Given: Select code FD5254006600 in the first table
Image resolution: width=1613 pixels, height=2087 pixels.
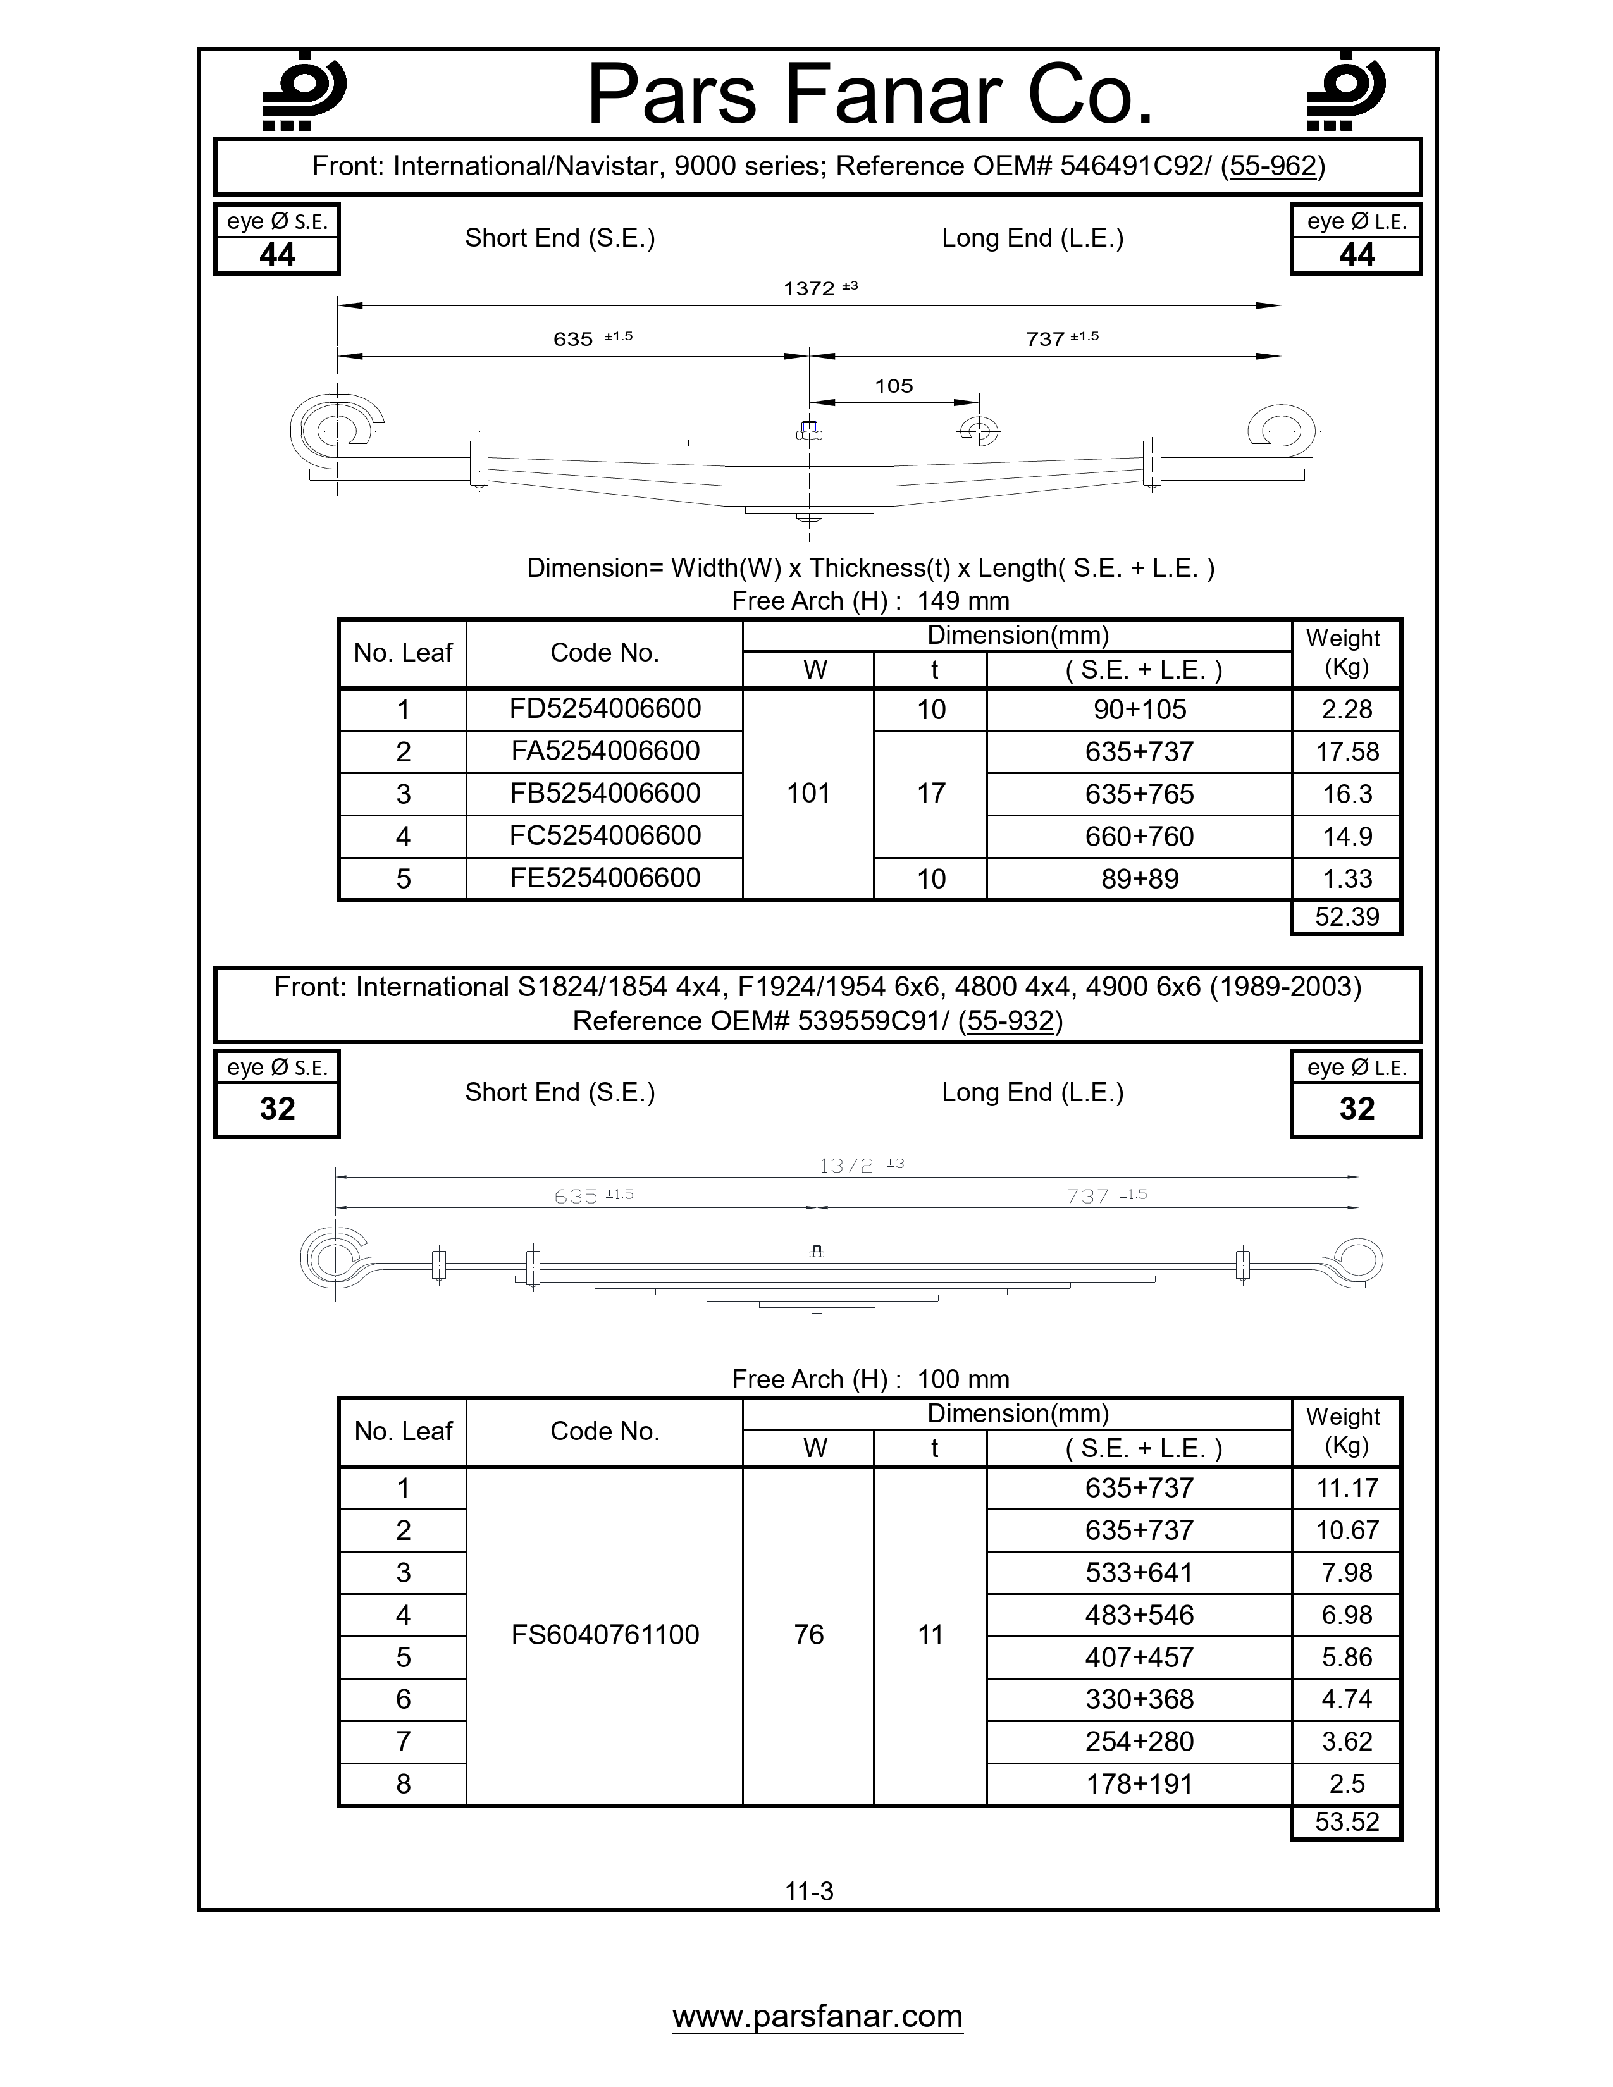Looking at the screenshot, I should (605, 709).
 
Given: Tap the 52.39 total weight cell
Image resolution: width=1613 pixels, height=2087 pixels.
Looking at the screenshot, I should (1347, 918).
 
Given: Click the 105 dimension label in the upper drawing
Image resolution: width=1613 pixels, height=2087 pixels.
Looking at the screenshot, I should (893, 386).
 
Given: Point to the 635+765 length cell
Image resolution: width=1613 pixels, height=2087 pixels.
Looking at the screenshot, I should (1139, 794).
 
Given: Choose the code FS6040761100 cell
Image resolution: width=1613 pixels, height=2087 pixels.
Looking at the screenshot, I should (605, 1635).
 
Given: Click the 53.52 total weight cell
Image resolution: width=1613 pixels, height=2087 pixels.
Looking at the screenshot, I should (1347, 1822).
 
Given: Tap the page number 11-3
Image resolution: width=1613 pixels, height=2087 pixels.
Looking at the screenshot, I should (808, 1891).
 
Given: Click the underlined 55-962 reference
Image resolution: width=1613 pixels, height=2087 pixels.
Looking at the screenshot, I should (1273, 166).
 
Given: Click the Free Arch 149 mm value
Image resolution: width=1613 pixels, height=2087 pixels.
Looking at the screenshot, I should (962, 601).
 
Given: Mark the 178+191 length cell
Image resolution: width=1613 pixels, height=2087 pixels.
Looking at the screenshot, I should (1139, 1784).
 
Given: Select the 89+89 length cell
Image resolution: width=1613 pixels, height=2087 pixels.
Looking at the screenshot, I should (1139, 879).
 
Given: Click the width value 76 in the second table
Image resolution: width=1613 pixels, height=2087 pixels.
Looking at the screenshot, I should (808, 1635).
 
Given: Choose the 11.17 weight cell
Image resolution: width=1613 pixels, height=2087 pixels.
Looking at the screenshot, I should (1347, 1488).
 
